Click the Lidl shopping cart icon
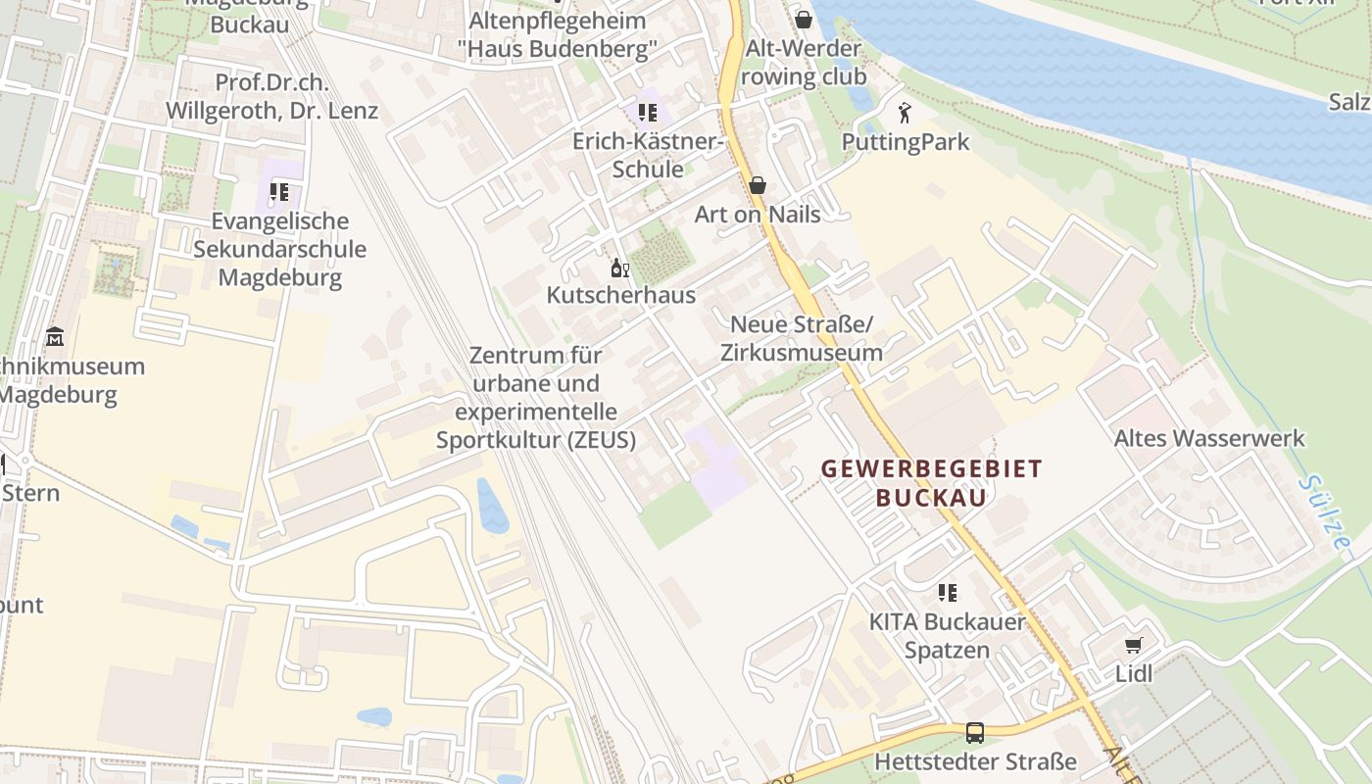tap(1134, 645)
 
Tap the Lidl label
tap(1134, 673)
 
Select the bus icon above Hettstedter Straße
tap(975, 732)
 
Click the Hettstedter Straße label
tap(975, 761)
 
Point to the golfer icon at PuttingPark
tap(905, 113)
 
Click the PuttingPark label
tap(906, 142)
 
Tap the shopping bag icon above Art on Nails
tap(758, 185)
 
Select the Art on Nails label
tap(758, 214)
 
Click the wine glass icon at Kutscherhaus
tap(620, 268)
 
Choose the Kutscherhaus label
tap(620, 295)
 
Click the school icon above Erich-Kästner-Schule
tap(647, 113)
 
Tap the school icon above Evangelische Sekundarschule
tap(279, 192)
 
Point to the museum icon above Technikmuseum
tap(55, 337)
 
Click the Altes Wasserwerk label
tap(1209, 438)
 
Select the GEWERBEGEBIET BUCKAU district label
tap(931, 482)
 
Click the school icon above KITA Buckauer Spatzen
tap(948, 592)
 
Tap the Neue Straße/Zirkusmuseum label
tap(802, 338)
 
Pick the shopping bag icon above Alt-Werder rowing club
tap(804, 20)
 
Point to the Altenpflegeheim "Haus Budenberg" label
tap(558, 33)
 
